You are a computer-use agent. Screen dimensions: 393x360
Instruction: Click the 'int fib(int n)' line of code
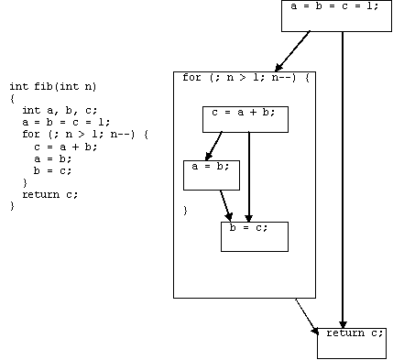point(53,87)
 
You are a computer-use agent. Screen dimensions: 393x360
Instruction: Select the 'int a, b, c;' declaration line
point(60,110)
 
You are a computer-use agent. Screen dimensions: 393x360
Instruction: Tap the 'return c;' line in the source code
point(50,194)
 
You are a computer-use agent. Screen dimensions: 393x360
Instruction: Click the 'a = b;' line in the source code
point(53,158)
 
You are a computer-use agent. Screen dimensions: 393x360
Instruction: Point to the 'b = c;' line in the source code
point(53,170)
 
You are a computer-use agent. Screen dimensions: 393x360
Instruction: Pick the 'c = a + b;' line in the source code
point(66,147)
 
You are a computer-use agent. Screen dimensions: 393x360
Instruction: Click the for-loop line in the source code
point(85,135)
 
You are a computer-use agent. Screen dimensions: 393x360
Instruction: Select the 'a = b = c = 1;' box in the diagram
point(336,16)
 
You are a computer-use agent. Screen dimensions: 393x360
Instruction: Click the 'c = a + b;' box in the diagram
point(246,119)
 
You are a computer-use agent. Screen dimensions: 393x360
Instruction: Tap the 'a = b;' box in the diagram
point(212,175)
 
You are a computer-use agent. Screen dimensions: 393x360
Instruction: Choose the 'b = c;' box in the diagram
point(255,236)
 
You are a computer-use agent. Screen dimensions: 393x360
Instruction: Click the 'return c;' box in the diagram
point(352,344)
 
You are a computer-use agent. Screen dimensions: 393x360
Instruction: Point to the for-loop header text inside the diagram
point(246,78)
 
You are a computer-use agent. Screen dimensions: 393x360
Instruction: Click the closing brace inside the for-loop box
point(185,211)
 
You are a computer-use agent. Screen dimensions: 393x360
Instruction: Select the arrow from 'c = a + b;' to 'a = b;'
point(213,146)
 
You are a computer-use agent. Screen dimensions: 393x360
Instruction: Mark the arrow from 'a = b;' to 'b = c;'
point(225,205)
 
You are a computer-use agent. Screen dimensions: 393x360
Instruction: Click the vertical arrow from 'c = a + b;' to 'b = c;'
point(249,177)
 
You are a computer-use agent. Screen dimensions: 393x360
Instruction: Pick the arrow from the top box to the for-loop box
point(292,51)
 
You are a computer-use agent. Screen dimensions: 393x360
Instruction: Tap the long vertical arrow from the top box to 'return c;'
point(343,180)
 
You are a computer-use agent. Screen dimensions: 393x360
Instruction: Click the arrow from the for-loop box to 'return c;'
point(307,317)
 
